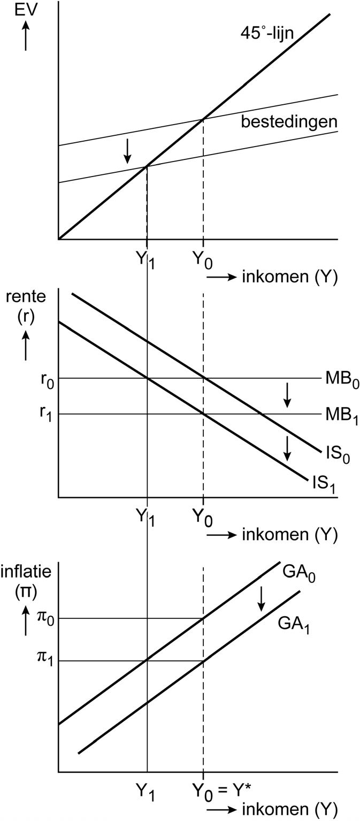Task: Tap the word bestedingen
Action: click(x=289, y=121)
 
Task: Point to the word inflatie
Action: click(x=26, y=572)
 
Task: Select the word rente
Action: click(x=26, y=297)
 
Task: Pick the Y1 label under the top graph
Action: click(x=145, y=260)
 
